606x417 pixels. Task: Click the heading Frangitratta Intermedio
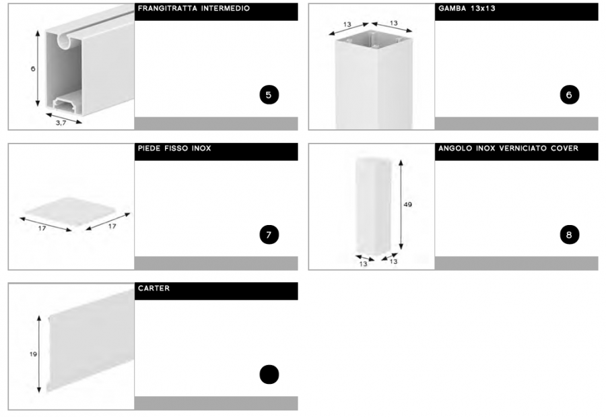(194, 8)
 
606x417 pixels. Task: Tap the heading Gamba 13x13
(467, 8)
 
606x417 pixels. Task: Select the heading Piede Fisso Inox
(174, 148)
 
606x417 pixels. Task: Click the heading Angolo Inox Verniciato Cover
(508, 148)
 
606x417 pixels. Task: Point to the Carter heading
(154, 288)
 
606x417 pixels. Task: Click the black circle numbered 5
(269, 95)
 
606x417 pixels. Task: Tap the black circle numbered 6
(569, 95)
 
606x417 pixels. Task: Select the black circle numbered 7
(269, 235)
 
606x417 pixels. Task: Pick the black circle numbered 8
(569, 235)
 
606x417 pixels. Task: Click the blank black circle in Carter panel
(269, 375)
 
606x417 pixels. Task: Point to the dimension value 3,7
(61, 123)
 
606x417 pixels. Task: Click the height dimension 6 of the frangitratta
(33, 69)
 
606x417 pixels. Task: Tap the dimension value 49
(408, 204)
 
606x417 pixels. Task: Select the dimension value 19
(33, 354)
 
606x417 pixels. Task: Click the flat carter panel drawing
(91, 340)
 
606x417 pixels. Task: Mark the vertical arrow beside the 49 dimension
(401, 204)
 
